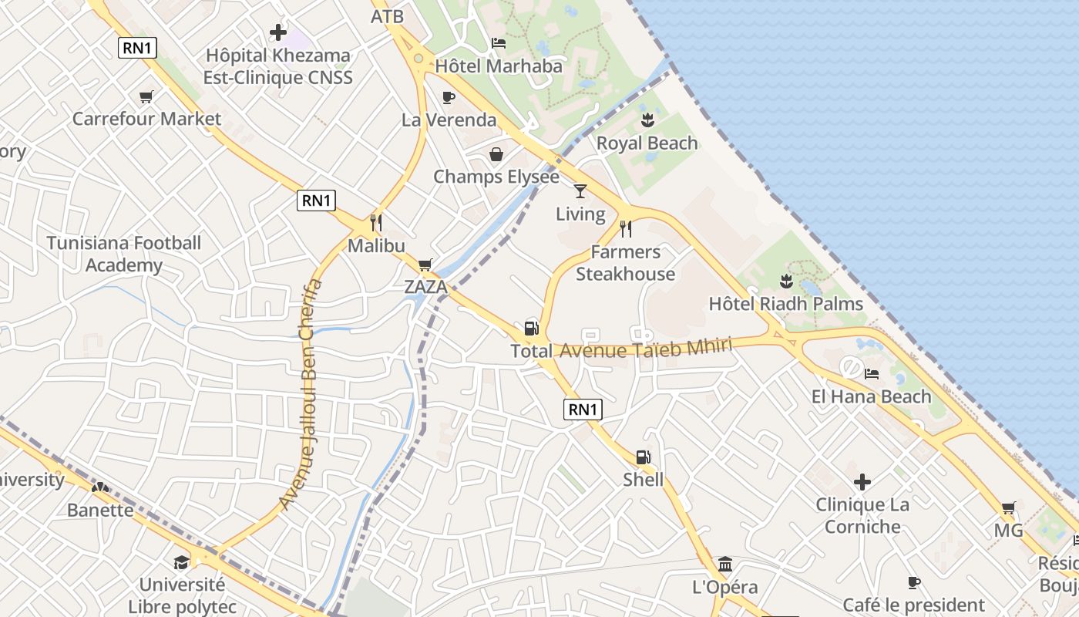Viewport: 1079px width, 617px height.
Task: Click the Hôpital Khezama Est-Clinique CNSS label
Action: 277,66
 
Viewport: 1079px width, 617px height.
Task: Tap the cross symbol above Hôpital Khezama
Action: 278,33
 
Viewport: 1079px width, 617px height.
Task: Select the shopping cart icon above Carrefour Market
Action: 146,96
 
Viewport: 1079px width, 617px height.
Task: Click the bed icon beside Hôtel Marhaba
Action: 499,43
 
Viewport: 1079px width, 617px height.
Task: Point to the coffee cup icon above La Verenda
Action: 449,97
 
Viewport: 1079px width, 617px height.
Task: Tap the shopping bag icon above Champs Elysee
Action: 496,154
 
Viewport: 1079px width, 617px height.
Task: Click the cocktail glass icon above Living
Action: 580,190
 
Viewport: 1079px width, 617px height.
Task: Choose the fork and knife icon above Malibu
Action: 376,223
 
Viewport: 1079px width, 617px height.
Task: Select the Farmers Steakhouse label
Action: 625,263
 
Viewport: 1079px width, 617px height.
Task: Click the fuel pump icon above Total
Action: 531,328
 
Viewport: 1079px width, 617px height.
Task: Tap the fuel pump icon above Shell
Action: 644,457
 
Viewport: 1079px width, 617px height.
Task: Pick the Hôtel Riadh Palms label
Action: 786,303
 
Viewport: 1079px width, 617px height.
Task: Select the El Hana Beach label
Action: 871,396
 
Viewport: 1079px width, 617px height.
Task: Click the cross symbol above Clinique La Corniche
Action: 862,483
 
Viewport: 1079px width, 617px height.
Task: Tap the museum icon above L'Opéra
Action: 724,564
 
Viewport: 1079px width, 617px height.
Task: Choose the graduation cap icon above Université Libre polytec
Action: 182,562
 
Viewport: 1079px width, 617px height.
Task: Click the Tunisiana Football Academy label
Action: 124,254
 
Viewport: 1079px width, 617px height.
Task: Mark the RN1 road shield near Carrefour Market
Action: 138,48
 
